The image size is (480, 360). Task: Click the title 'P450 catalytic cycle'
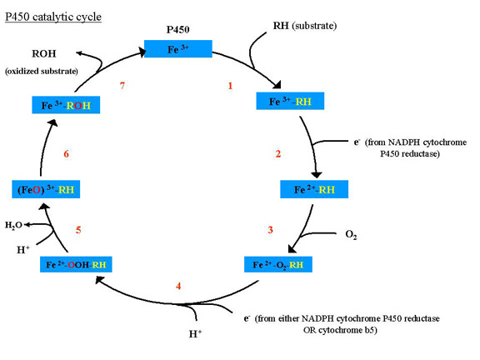53,17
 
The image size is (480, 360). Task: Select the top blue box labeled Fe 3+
178,48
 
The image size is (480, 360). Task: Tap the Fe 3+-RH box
290,101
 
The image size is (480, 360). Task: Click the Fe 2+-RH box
314,189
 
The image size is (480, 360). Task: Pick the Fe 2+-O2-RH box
278,264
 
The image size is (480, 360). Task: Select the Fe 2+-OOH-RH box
76,264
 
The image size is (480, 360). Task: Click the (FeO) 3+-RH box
46,189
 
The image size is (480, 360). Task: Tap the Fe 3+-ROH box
66,105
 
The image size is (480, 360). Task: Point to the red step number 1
230,86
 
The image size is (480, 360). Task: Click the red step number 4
178,286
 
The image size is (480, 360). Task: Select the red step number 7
122,85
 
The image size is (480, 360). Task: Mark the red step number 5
78,230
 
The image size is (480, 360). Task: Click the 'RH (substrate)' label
305,26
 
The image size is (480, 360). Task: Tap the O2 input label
351,235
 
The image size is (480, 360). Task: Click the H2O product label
13,226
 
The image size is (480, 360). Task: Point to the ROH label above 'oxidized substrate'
44,54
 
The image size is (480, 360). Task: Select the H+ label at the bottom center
195,333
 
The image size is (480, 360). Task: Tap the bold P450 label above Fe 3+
177,30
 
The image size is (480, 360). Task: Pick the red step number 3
270,230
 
